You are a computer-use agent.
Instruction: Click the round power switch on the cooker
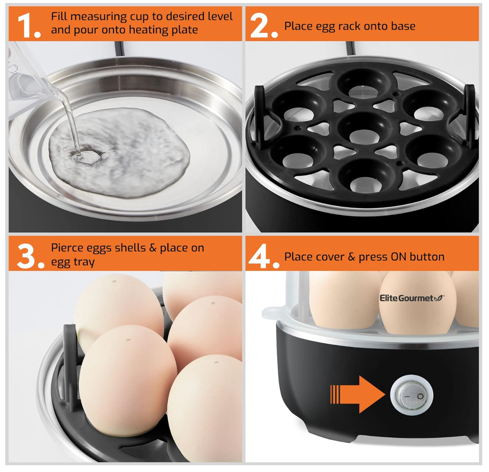point(411,394)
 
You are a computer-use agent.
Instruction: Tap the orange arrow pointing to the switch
point(357,394)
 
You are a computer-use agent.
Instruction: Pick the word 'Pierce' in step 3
point(67,248)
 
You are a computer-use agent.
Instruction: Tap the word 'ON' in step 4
point(399,257)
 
